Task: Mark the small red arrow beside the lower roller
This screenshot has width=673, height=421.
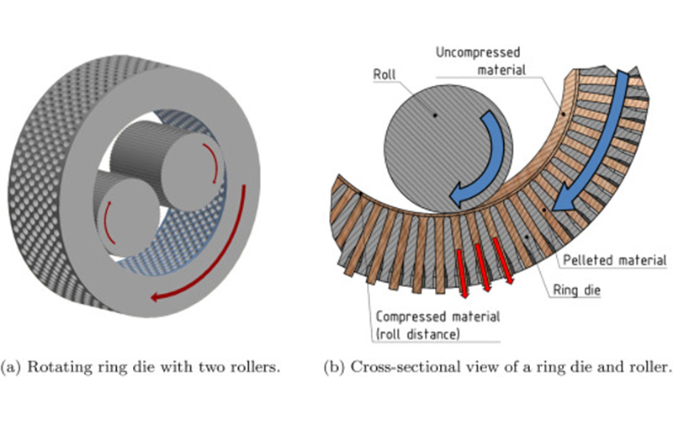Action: click(109, 221)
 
